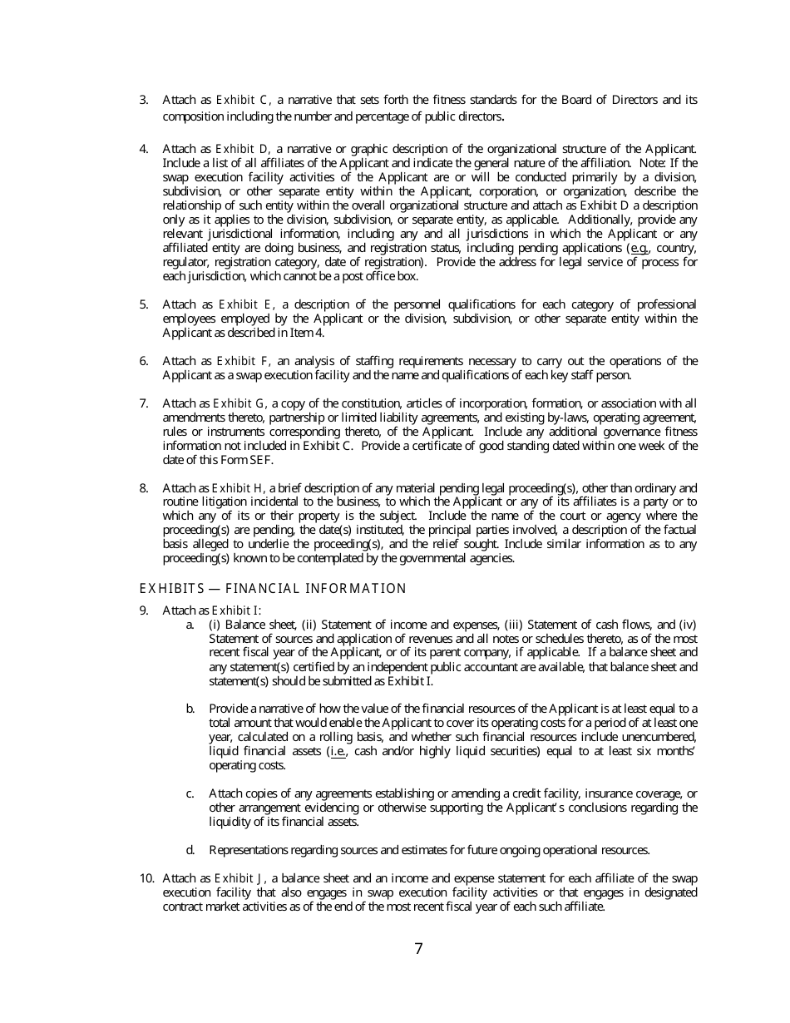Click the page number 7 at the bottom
click(418, 949)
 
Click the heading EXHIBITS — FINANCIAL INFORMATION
click(273, 589)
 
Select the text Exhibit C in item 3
click(242, 101)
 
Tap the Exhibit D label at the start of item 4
click(242, 149)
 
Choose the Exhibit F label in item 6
click(243, 361)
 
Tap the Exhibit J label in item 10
click(239, 878)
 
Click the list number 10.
click(146, 878)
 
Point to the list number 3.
click(144, 101)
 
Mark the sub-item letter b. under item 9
click(190, 709)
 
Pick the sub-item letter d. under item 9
click(190, 850)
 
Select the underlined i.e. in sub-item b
click(338, 751)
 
